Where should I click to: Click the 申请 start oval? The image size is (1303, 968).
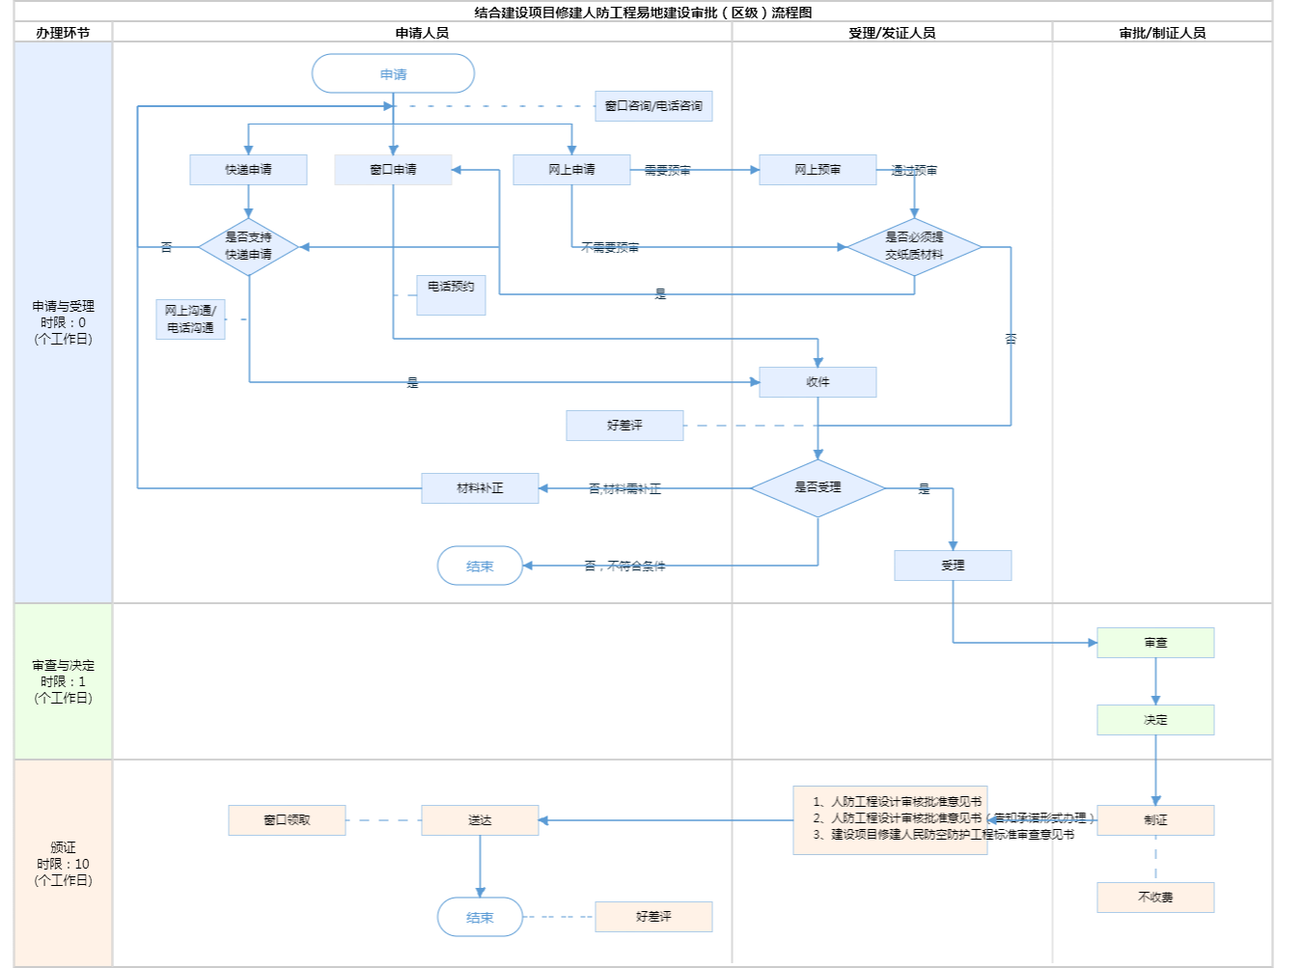click(393, 74)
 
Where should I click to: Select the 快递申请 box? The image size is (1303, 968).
click(248, 170)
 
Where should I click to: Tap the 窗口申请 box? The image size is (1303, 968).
click(393, 170)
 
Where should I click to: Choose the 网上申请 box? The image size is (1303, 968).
click(571, 170)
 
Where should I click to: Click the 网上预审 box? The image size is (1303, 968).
click(818, 170)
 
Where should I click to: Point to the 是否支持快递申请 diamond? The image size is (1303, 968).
click(248, 247)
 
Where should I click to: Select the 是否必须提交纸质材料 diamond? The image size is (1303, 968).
click(914, 247)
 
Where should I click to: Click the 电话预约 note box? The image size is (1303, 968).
click(451, 294)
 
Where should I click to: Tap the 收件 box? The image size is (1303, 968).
click(818, 382)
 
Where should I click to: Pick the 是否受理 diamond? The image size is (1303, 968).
click(818, 488)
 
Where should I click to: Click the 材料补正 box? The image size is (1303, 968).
click(480, 488)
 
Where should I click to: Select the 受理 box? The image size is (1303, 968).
click(953, 566)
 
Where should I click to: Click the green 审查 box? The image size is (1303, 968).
click(1155, 643)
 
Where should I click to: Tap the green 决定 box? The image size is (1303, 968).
click(1155, 720)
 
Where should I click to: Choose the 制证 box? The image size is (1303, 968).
click(1155, 820)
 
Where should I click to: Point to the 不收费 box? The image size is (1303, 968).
click(1155, 898)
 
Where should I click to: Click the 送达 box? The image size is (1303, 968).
click(480, 820)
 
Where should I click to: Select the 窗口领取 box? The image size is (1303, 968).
click(287, 820)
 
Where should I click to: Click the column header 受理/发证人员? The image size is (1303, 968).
click(892, 33)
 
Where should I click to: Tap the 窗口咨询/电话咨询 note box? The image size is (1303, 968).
click(653, 106)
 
